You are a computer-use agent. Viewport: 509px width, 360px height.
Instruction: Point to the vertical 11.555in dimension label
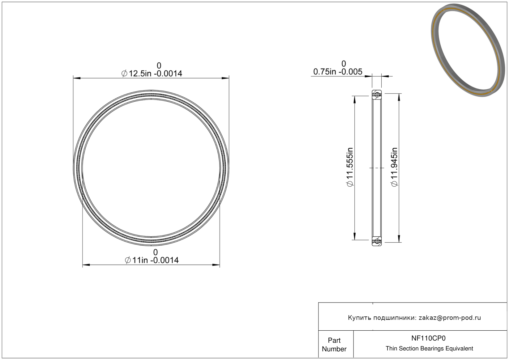[350, 167]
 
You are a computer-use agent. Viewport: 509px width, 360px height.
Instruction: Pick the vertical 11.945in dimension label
[394, 167]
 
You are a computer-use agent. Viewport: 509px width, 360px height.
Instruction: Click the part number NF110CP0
[428, 338]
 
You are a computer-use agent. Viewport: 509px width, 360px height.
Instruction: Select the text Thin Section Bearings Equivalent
[429, 349]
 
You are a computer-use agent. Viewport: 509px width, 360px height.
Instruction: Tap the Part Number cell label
[334, 345]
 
